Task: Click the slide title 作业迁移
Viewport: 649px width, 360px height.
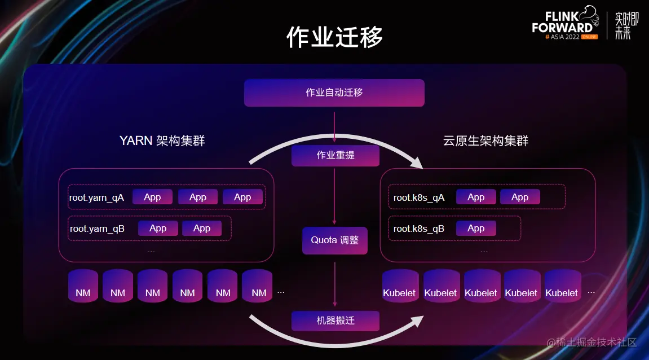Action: tap(335, 37)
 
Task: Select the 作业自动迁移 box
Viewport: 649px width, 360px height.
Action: tap(334, 93)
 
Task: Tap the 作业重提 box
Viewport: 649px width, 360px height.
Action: tap(335, 155)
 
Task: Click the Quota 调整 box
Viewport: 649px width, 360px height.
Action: tap(335, 240)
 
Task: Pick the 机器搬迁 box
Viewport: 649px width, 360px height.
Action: tap(335, 321)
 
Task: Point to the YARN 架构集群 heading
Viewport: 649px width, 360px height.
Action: tap(162, 141)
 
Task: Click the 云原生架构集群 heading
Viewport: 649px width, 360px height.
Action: tap(486, 141)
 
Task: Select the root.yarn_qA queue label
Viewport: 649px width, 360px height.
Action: tap(96, 197)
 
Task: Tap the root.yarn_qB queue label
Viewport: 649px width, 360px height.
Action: tap(97, 229)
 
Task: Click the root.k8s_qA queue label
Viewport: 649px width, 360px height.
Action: tap(419, 197)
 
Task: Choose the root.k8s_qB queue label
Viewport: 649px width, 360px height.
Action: tap(419, 229)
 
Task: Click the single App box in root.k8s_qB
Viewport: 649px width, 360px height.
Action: tap(476, 229)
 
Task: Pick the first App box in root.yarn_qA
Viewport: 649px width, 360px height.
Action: tap(152, 197)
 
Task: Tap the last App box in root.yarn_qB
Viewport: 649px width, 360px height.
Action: tap(202, 229)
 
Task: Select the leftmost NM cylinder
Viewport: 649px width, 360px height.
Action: tap(83, 286)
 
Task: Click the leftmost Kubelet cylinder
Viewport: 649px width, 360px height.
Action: tap(399, 286)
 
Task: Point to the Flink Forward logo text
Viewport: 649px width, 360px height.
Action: tap(562, 23)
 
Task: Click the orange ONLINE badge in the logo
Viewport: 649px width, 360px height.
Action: tap(589, 37)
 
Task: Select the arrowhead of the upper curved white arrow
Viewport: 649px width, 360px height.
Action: tap(417, 163)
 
